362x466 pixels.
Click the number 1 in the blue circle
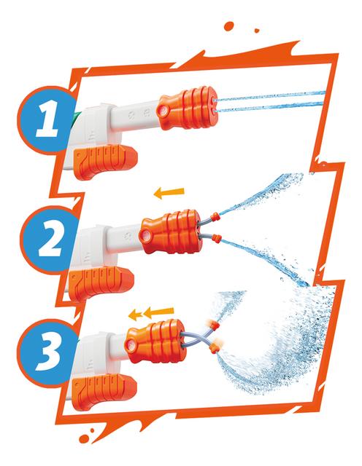coord(47,119)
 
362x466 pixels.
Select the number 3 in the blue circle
coord(48,352)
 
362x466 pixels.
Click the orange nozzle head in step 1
coord(187,108)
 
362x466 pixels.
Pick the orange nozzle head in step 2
coord(171,232)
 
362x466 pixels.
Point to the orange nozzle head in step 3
coord(155,341)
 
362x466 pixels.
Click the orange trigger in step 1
coord(105,161)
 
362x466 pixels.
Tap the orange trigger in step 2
coord(101,282)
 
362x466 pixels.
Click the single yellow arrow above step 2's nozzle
coord(169,193)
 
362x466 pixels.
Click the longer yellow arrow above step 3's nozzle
coord(158,313)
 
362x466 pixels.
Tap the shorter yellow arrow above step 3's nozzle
coord(135,315)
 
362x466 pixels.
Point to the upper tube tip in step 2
coord(215,216)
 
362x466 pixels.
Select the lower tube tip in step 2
coord(217,238)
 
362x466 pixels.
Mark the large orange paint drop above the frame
coord(229,26)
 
